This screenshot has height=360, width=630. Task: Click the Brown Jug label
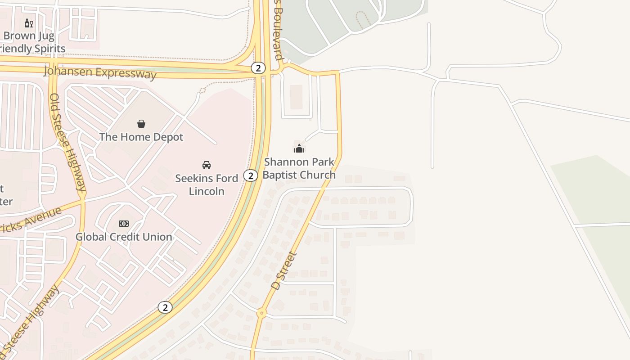coord(29,36)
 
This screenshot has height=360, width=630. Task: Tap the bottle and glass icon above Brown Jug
coord(29,23)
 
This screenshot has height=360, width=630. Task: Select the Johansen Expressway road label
coord(100,73)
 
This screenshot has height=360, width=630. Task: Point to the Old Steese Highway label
coord(67,142)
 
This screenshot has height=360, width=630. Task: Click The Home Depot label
coord(141,137)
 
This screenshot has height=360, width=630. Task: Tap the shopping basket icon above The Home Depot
coord(141,124)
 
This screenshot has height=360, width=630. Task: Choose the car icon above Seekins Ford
coord(207,165)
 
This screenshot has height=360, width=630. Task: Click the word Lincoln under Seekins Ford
coord(207,191)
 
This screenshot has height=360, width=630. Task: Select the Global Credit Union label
coord(124,237)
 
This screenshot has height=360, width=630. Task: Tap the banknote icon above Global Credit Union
coord(124,224)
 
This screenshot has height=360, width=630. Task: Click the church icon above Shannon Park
coord(299,148)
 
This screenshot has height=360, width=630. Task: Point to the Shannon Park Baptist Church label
coord(299,168)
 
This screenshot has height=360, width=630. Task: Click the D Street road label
coord(284,270)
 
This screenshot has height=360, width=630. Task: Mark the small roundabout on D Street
coord(261,313)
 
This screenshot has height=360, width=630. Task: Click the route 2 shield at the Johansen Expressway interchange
coord(258,68)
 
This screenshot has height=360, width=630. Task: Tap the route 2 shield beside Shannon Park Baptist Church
coord(251,175)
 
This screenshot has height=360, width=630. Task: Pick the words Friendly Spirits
coord(32,49)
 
